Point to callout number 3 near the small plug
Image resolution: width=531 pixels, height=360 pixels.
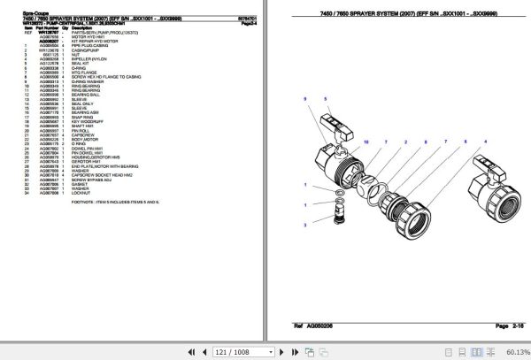click(x=304, y=226)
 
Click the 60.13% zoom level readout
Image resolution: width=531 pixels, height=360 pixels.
click(x=511, y=351)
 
